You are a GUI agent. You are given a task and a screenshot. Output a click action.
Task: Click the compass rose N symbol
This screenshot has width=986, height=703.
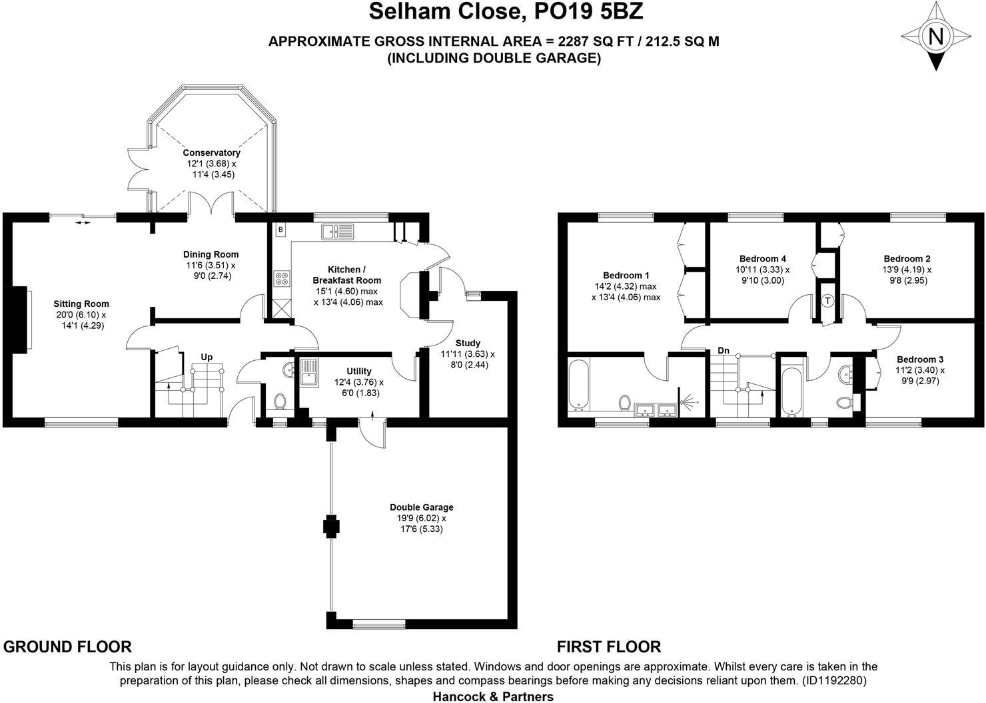coord(936,37)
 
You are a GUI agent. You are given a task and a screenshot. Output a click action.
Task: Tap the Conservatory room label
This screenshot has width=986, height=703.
coord(211,152)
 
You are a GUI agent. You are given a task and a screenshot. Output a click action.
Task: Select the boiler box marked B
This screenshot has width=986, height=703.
coord(280,230)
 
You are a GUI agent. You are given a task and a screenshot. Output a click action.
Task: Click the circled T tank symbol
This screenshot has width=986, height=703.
coord(827,301)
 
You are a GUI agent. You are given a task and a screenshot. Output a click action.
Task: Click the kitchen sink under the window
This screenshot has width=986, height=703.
coord(338,232)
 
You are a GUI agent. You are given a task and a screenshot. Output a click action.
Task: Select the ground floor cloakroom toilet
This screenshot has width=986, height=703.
coord(280,401)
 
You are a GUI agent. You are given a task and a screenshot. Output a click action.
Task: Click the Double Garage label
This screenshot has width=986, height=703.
coord(422,507)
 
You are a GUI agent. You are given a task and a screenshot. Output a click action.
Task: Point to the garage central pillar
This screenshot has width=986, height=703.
coord(331,527)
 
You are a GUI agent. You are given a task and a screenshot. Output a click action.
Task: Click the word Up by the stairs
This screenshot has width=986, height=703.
coord(207,357)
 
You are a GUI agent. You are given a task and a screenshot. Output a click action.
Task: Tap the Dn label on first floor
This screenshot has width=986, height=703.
coord(724,350)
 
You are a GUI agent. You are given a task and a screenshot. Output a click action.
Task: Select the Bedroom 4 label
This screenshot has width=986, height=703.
coord(763,258)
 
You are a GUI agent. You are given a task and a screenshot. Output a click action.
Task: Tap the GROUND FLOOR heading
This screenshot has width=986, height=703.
coord(68,646)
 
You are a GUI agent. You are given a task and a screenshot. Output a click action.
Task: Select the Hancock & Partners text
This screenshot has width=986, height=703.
coord(493,696)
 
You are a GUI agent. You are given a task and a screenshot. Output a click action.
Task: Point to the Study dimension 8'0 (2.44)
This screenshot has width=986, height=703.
coord(467,365)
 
